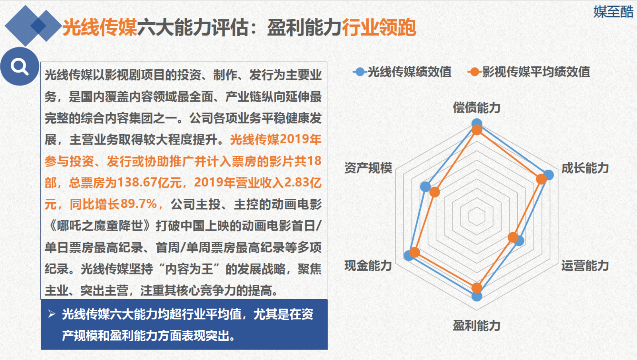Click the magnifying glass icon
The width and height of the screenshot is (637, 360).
click(x=20, y=67)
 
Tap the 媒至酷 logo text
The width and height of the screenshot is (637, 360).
click(x=614, y=12)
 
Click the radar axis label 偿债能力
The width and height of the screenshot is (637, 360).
click(x=477, y=108)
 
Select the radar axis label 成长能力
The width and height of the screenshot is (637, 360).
click(x=585, y=168)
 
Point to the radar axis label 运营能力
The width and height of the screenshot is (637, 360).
click(x=585, y=266)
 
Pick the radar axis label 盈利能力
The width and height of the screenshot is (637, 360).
click(x=477, y=326)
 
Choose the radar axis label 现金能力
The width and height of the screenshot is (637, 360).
click(x=368, y=266)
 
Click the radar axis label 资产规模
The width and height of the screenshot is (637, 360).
click(x=368, y=168)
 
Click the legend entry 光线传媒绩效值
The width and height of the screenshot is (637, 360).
click(x=402, y=72)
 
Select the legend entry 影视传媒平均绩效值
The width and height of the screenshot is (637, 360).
click(x=529, y=72)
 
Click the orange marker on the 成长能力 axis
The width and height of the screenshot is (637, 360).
click(x=541, y=179)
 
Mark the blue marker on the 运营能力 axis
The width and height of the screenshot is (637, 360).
click(x=519, y=241)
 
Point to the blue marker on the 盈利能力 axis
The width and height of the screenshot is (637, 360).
click(x=477, y=296)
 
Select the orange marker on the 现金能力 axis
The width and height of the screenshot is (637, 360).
click(x=415, y=252)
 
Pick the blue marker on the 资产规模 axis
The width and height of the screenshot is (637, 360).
click(x=426, y=187)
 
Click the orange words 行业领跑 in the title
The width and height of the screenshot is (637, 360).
click(x=379, y=27)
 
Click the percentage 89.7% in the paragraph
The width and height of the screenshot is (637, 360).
click(x=139, y=204)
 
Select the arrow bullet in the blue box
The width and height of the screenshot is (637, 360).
click(x=52, y=314)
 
